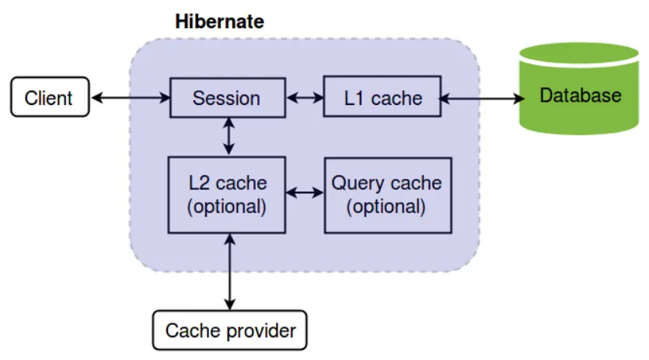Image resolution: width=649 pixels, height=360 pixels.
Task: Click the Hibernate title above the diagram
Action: (220, 21)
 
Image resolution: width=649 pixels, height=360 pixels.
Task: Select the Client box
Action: (48, 98)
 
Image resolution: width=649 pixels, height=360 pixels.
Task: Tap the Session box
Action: (226, 98)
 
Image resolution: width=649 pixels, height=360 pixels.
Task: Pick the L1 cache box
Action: (382, 98)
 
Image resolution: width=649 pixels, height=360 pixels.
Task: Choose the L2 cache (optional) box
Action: (227, 194)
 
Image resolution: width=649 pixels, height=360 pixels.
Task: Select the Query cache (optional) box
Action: (386, 194)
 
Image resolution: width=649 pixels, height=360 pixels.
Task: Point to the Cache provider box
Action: (230, 330)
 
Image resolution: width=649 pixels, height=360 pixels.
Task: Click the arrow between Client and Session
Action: (130, 98)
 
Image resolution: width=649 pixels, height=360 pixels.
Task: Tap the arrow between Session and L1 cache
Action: (305, 98)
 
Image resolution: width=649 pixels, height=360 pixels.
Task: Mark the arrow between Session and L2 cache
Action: (228, 136)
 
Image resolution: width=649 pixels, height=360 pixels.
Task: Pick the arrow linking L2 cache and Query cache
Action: (305, 192)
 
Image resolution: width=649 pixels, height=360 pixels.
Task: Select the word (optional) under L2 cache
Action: (227, 207)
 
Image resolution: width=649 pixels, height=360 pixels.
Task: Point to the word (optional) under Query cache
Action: (386, 207)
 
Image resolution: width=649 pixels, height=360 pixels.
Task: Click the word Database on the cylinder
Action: (580, 96)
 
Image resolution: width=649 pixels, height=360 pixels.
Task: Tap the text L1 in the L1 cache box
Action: (355, 99)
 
